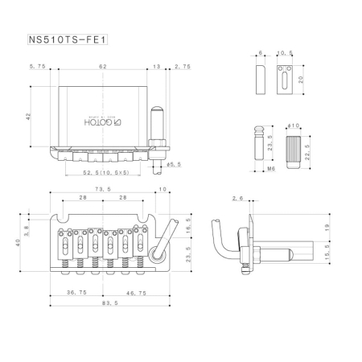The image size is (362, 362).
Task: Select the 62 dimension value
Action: coord(101,67)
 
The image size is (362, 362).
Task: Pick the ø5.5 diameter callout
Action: coord(172,165)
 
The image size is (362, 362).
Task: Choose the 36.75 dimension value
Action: coord(77,294)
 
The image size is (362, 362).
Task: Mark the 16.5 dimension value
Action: coord(187,226)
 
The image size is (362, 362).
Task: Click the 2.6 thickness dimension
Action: coord(237,198)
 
